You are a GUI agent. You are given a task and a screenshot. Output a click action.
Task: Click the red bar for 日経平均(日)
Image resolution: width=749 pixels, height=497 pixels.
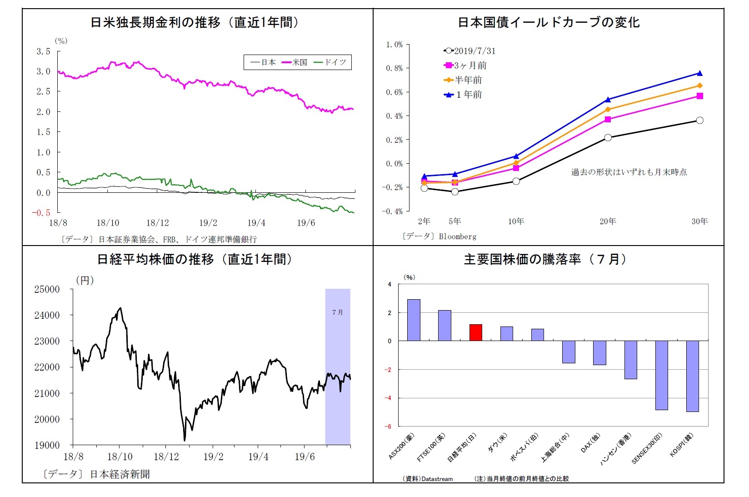(x=475, y=332)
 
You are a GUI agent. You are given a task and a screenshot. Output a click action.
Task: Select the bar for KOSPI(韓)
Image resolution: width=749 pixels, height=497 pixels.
(x=692, y=376)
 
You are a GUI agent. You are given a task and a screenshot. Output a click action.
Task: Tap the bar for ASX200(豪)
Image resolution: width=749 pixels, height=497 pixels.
(x=414, y=320)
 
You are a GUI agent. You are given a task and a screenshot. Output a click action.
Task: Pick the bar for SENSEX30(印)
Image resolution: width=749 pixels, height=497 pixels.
(x=661, y=375)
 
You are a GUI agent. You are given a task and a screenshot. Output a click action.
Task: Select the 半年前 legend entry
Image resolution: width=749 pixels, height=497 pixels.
(x=463, y=80)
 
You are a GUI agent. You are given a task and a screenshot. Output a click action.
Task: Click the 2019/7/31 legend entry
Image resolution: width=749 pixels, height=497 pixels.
(x=470, y=51)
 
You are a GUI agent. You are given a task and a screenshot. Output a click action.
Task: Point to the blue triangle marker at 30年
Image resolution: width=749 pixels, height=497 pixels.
(x=699, y=73)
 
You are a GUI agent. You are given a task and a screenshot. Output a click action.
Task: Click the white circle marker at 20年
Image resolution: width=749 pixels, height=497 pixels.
(x=608, y=138)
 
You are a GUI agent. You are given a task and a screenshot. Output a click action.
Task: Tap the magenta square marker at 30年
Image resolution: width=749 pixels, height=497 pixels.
(x=699, y=96)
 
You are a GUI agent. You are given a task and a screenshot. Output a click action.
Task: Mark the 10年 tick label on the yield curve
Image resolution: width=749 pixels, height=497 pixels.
(x=516, y=221)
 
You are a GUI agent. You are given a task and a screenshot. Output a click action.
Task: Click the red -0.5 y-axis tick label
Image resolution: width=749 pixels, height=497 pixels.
(x=41, y=213)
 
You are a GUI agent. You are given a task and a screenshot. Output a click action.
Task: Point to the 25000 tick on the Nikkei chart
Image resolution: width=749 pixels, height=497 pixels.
(x=47, y=289)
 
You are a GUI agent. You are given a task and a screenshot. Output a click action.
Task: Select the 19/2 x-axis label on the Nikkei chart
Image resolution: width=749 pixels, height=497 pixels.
(x=213, y=457)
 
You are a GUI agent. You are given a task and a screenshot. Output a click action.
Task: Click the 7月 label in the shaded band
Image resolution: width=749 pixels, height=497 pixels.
(x=337, y=312)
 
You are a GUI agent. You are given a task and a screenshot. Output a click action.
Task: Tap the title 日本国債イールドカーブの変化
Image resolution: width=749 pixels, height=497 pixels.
(x=549, y=22)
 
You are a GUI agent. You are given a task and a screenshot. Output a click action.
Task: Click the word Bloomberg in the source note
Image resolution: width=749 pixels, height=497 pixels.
(x=458, y=236)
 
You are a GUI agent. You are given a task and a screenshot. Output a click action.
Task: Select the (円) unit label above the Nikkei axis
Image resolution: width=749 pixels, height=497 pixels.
(x=85, y=280)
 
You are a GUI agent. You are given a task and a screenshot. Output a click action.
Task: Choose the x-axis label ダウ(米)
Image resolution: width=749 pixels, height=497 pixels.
(x=496, y=443)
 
